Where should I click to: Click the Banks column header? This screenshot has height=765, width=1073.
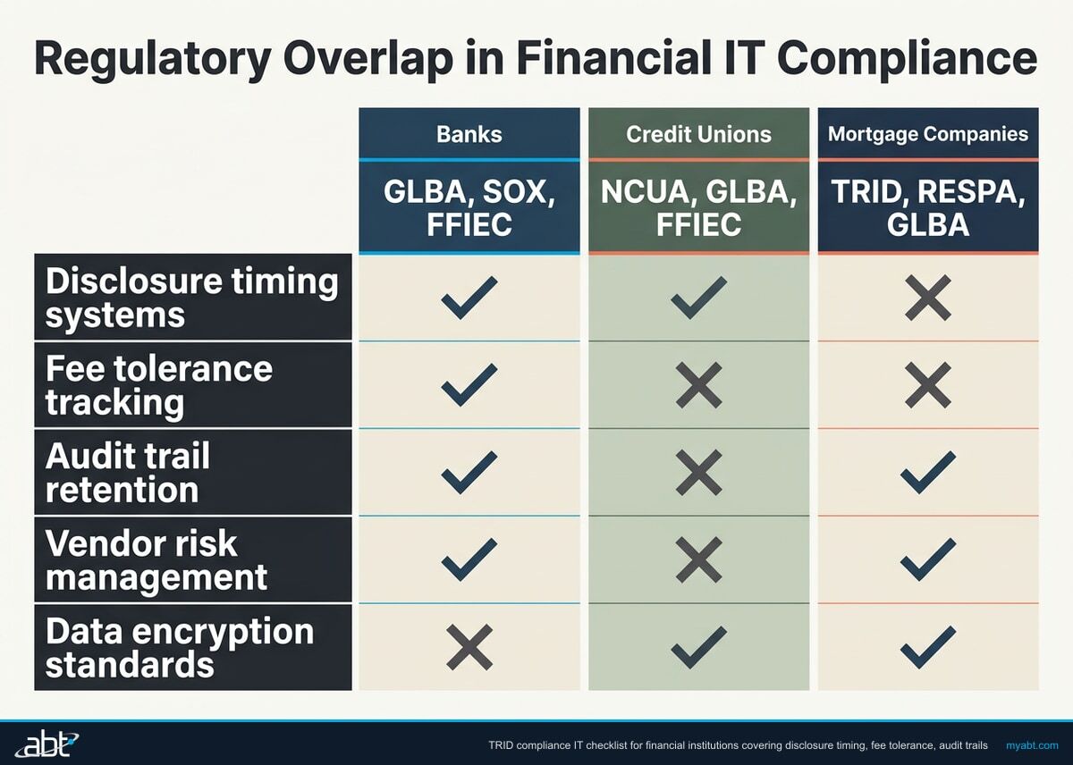[x=469, y=135]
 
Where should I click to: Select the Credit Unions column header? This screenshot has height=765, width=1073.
[x=698, y=135]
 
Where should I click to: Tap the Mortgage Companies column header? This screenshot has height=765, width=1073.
[x=927, y=135]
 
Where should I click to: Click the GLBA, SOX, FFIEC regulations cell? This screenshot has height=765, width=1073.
[x=469, y=207]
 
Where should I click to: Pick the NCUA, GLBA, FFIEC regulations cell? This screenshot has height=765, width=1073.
[x=698, y=207]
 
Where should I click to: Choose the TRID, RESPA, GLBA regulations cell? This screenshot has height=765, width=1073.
[x=927, y=207]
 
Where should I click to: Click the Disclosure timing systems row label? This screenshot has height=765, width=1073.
[x=192, y=298]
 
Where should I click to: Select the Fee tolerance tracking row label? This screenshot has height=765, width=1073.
[x=192, y=385]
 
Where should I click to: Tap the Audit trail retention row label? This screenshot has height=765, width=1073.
[x=192, y=473]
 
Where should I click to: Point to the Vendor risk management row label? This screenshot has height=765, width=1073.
[x=192, y=559]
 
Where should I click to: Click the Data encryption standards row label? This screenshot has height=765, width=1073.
[x=192, y=647]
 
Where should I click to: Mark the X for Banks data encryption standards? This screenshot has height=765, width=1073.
[x=469, y=648]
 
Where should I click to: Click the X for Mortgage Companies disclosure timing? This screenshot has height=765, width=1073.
[x=927, y=298]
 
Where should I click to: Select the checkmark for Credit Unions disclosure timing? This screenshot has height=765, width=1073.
[x=698, y=298]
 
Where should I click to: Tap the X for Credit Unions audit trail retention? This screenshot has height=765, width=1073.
[x=698, y=473]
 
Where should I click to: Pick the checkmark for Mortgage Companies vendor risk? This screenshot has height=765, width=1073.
[x=927, y=559]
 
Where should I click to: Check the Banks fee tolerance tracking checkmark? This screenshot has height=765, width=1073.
[x=469, y=385]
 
